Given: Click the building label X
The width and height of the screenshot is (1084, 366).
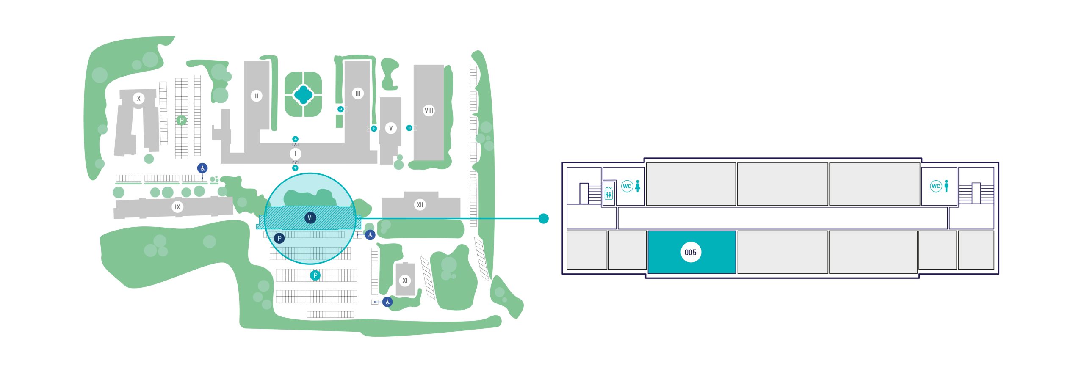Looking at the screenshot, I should (138, 99).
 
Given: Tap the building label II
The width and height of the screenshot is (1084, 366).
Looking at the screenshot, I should (256, 96).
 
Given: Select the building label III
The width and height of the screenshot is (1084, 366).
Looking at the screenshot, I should (358, 94).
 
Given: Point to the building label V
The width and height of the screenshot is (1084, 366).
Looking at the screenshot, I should (391, 128).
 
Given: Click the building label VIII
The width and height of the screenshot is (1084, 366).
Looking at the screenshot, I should (429, 111).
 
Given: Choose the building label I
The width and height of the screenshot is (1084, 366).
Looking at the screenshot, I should (295, 154).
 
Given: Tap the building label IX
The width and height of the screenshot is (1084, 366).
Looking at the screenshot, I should (177, 207).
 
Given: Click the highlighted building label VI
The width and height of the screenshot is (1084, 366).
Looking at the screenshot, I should (310, 218).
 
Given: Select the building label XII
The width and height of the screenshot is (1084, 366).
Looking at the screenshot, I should (420, 205).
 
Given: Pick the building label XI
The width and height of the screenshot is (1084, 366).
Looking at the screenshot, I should (405, 281).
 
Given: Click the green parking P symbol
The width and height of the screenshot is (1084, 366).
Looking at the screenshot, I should (182, 121).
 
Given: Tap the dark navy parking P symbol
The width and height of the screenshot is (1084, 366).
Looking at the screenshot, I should (279, 239).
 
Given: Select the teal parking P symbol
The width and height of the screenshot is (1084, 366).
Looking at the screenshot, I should (315, 276).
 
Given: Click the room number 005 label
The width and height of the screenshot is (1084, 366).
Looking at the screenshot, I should (690, 253).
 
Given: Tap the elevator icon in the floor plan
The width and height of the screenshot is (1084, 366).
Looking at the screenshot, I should (608, 194).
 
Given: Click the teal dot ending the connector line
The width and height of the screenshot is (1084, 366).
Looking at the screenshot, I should (543, 218).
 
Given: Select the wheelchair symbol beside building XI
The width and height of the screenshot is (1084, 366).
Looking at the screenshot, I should (387, 302).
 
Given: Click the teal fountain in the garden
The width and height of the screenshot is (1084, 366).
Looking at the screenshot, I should (303, 94).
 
